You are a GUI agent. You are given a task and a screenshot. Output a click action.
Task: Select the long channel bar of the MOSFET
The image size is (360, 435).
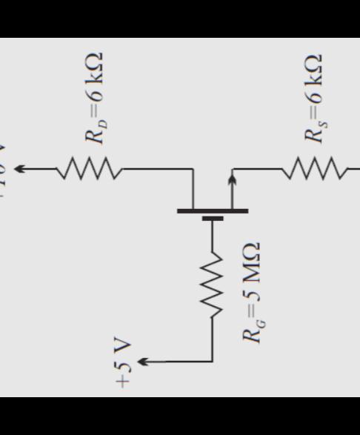(213, 210)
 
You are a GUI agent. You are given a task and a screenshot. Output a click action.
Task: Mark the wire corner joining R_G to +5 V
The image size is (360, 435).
(213, 361)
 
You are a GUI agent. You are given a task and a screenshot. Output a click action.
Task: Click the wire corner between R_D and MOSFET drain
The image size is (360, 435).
(193, 170)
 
